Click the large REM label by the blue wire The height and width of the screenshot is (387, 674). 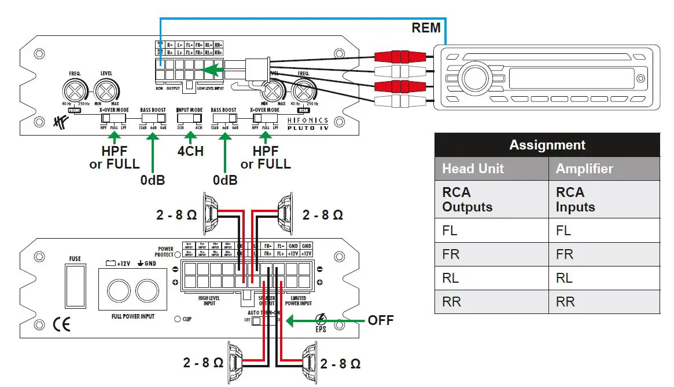pyautogui.click(x=426, y=27)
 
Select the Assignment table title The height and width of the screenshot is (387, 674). pyautogui.click(x=547, y=145)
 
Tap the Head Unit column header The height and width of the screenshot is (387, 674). pyautogui.click(x=473, y=169)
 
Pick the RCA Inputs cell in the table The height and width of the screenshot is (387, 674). pyautogui.click(x=575, y=199)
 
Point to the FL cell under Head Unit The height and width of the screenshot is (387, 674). pyautogui.click(x=450, y=230)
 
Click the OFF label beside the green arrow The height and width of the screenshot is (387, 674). pyautogui.click(x=380, y=320)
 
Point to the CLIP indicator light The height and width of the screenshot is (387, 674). pyautogui.click(x=178, y=319)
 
